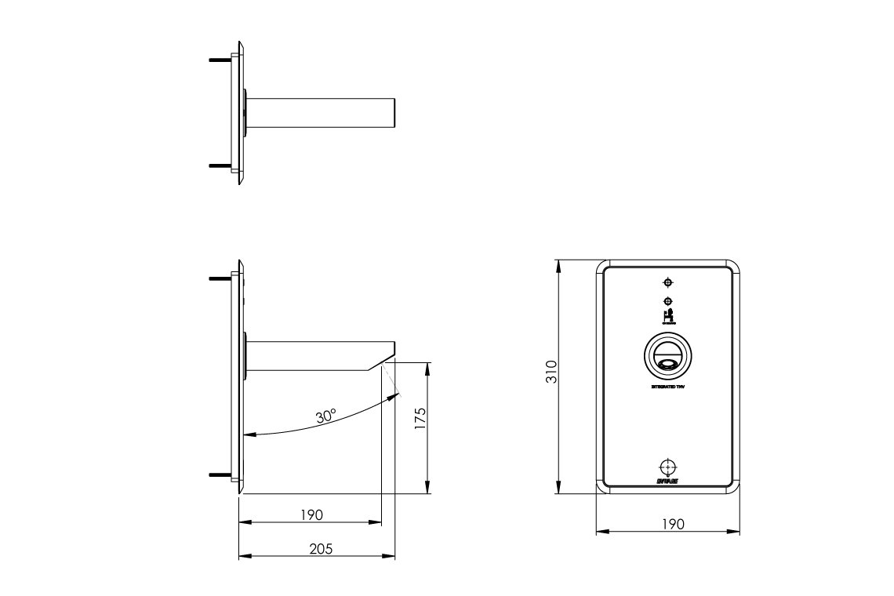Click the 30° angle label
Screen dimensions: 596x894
tap(326, 416)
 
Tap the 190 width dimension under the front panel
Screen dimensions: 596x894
tap(673, 524)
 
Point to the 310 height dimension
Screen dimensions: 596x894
tap(551, 371)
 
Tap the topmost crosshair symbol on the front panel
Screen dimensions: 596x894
tap(667, 282)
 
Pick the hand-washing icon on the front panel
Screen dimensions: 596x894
tap(668, 315)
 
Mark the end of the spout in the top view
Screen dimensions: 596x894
tap(391, 113)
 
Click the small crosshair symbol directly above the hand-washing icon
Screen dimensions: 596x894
tap(667, 301)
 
